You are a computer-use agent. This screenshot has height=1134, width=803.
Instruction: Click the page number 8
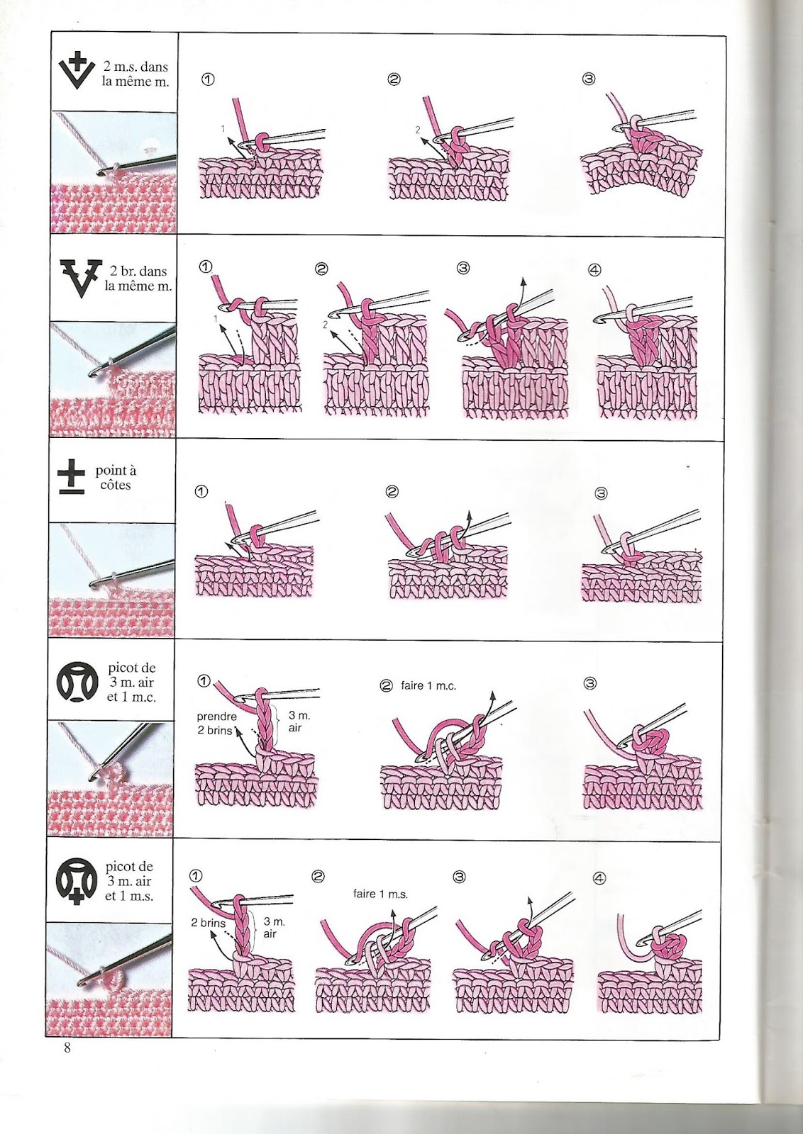click(67, 1048)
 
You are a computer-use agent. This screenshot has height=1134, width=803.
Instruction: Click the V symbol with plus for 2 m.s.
click(76, 71)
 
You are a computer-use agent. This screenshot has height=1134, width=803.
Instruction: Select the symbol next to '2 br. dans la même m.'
click(77, 277)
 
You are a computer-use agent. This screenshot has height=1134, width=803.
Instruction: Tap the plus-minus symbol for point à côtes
click(72, 479)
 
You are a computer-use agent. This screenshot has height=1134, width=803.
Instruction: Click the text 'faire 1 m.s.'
click(380, 894)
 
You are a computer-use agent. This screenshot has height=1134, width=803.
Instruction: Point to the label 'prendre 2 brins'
click(216, 723)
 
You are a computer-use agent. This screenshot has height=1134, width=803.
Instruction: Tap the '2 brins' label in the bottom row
click(208, 923)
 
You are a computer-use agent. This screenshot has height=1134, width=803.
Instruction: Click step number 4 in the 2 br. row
click(594, 269)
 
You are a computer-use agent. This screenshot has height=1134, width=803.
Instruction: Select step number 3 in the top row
click(588, 79)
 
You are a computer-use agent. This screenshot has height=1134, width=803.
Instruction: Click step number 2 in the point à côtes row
click(392, 492)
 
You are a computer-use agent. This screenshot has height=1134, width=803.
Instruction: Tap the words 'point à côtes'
click(116, 478)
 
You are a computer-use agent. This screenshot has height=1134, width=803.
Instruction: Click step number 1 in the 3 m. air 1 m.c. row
click(203, 682)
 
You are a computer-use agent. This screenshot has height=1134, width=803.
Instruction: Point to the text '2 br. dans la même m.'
click(138, 279)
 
